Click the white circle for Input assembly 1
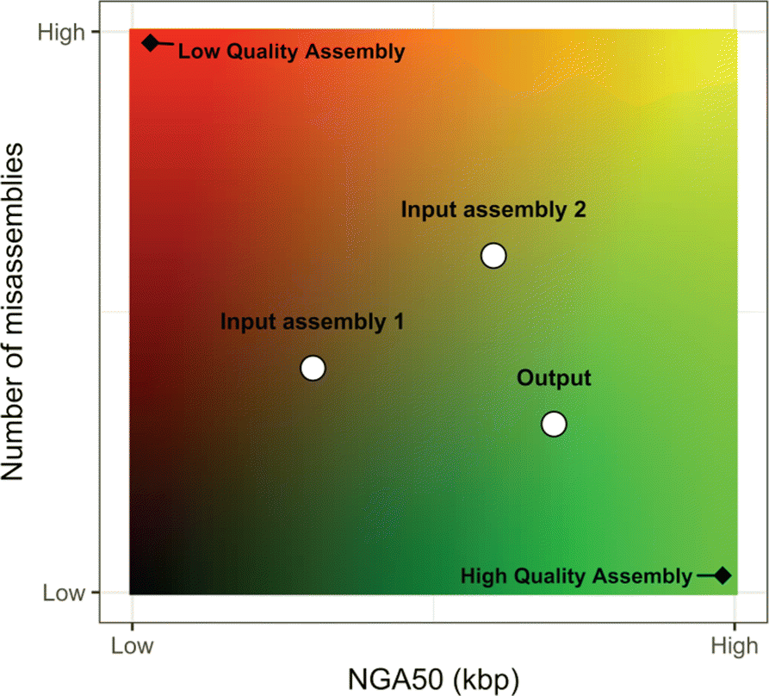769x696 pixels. pos(313,368)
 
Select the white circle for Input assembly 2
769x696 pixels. pos(493,255)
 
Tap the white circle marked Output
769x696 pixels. pos(554,424)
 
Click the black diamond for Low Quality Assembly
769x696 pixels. pos(151,42)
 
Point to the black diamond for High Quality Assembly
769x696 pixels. pos(722,575)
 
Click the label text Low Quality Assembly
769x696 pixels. pos(290,52)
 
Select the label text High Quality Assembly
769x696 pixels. pos(576,576)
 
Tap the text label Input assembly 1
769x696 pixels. pos(312,323)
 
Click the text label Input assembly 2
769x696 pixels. pos(493,210)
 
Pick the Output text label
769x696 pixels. pos(554,378)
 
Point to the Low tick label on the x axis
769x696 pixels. pos(132,645)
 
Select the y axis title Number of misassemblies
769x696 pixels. pos(21,312)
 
